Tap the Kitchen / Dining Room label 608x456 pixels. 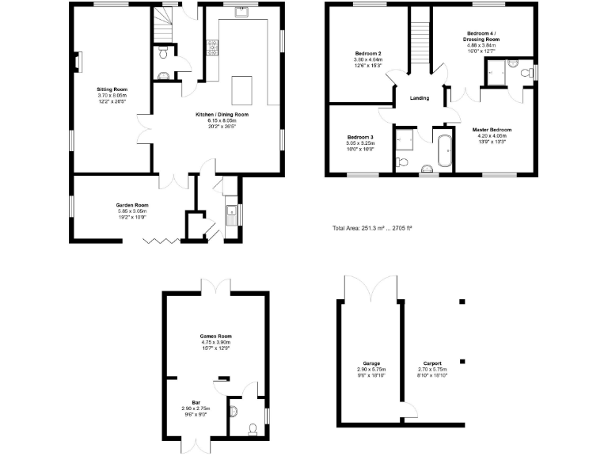tap(222, 120)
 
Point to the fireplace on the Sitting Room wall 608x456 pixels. tap(77, 61)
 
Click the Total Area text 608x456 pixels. tap(372, 228)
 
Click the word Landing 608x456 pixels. tap(420, 98)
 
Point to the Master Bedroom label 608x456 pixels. tap(492, 135)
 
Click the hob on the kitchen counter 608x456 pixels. tap(212, 47)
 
